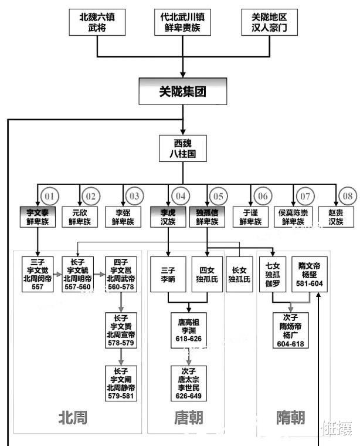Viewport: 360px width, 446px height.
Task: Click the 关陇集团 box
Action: (x=184, y=92)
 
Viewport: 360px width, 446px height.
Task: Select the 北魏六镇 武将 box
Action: (x=97, y=22)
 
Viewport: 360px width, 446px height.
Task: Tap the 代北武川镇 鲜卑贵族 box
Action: (x=183, y=22)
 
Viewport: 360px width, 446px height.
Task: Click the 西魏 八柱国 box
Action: (x=182, y=149)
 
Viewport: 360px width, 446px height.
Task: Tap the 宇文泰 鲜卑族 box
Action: (x=37, y=217)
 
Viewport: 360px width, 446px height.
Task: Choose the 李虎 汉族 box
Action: (x=168, y=217)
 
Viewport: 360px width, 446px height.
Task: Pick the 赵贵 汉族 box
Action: (x=336, y=217)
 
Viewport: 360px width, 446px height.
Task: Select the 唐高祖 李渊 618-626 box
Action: (x=189, y=331)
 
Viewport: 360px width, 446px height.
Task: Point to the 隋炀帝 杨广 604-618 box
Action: (x=292, y=331)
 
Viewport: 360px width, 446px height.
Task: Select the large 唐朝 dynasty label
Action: (x=189, y=417)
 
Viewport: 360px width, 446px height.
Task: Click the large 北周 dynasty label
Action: (x=73, y=417)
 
